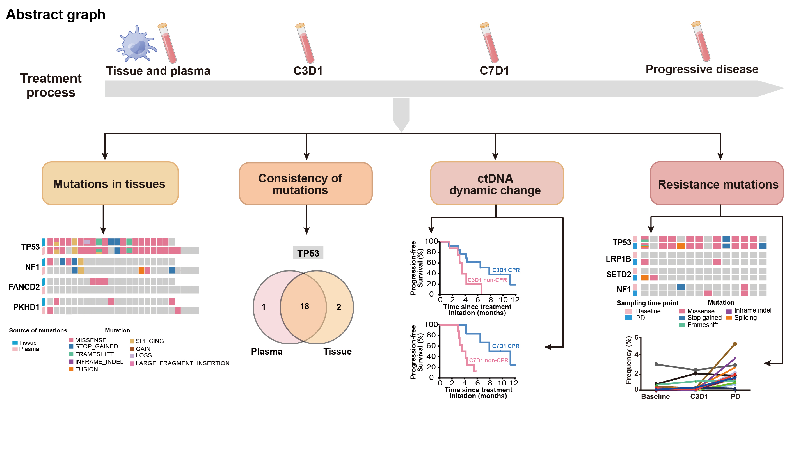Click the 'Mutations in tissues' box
tap(110, 183)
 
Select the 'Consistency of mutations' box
tap(305, 184)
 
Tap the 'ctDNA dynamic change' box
tap(497, 183)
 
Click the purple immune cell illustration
tap(136, 44)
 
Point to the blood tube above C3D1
tap(305, 43)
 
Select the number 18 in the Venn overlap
tap(304, 306)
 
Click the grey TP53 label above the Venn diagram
tap(308, 253)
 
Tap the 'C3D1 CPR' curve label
tap(506, 270)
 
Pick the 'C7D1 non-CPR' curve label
tap(488, 360)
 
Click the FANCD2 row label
tap(24, 287)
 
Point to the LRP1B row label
tap(618, 259)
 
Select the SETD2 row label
tap(618, 274)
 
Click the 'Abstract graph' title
tap(56, 15)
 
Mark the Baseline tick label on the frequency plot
tap(655, 396)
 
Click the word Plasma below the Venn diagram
tap(267, 351)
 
